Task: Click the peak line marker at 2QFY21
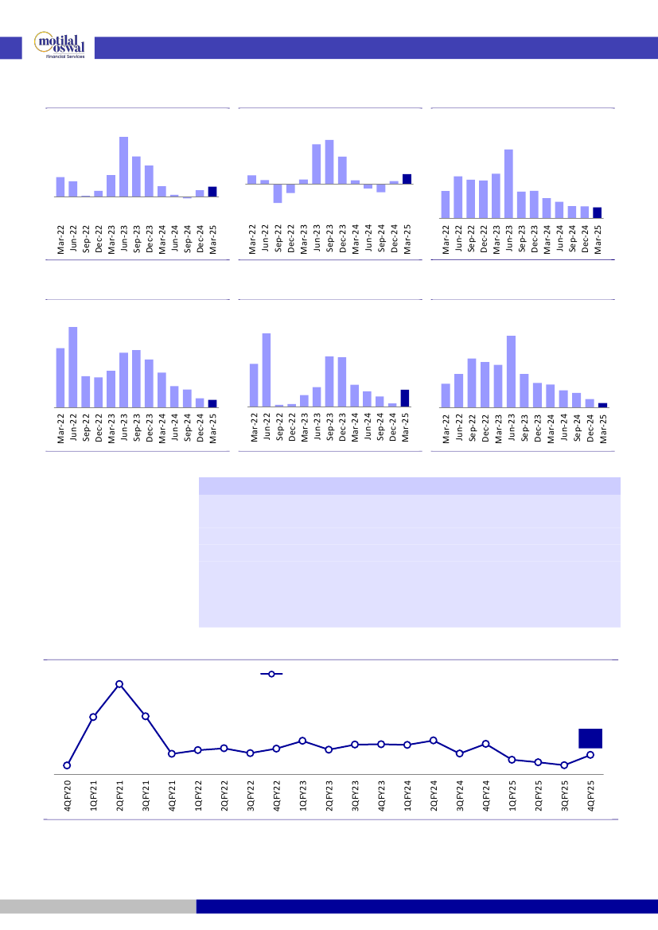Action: (x=119, y=684)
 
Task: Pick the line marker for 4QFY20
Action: (x=68, y=765)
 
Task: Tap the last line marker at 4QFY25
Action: (x=590, y=755)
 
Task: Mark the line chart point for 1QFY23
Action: (x=302, y=741)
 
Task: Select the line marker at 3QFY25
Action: (x=563, y=765)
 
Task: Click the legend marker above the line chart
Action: (x=271, y=674)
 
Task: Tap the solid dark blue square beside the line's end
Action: (x=590, y=738)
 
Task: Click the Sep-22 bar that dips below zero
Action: (x=278, y=193)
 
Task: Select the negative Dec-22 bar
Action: (x=290, y=189)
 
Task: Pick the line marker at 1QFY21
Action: (x=93, y=717)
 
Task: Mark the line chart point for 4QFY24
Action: (x=485, y=743)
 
